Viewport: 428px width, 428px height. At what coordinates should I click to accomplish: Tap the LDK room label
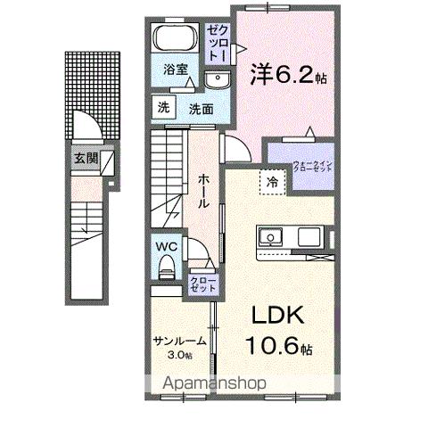[276, 316]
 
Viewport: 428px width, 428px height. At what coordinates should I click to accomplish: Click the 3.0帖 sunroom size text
[180, 354]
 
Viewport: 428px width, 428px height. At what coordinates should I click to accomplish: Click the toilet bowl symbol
[167, 265]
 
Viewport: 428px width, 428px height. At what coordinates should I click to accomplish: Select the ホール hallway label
[203, 189]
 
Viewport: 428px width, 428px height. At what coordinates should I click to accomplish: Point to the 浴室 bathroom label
[174, 69]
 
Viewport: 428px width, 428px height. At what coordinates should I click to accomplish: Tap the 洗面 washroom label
[200, 109]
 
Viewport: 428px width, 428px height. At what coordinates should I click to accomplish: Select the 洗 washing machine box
[162, 108]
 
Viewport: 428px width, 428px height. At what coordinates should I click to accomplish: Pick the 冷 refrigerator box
[269, 181]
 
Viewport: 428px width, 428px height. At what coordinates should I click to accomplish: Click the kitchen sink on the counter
[270, 238]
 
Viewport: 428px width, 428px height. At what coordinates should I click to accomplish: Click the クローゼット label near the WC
[200, 285]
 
